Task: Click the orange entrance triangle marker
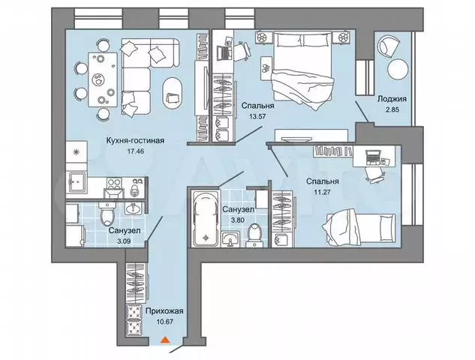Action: (x=165, y=340)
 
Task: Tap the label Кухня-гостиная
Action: (x=135, y=140)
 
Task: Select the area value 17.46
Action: (x=135, y=151)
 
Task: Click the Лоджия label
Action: (x=392, y=99)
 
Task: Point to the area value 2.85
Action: (x=392, y=109)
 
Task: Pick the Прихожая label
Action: (x=164, y=311)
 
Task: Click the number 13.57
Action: (x=257, y=116)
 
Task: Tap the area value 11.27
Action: (x=322, y=192)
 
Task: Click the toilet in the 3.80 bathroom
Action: (x=254, y=234)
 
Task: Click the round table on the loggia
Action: (x=398, y=69)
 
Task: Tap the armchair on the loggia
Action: (x=388, y=46)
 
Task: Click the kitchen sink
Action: (x=77, y=182)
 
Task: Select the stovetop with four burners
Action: (x=114, y=182)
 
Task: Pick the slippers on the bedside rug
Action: (x=266, y=68)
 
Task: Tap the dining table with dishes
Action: (x=103, y=79)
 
